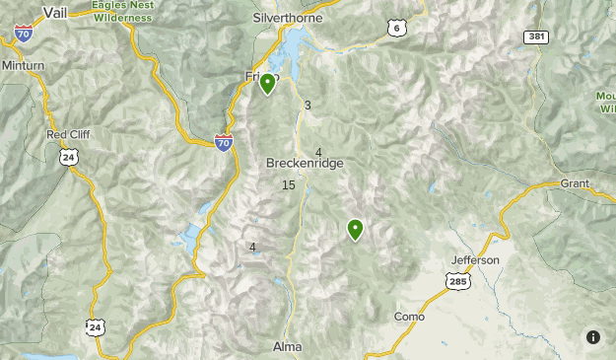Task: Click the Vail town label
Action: [54, 13]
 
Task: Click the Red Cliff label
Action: [68, 134]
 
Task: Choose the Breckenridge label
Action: [305, 164]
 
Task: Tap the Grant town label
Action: [574, 183]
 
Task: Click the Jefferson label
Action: [475, 260]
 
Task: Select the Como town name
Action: [408, 317]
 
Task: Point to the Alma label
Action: [287, 347]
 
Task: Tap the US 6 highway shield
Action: [397, 30]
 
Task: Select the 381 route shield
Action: [535, 36]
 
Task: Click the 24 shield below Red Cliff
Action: [68, 156]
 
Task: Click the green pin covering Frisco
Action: [267, 83]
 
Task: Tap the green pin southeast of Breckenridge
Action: [355, 229]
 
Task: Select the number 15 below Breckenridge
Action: [288, 185]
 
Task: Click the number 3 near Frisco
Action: [308, 106]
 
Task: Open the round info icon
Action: [593, 337]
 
